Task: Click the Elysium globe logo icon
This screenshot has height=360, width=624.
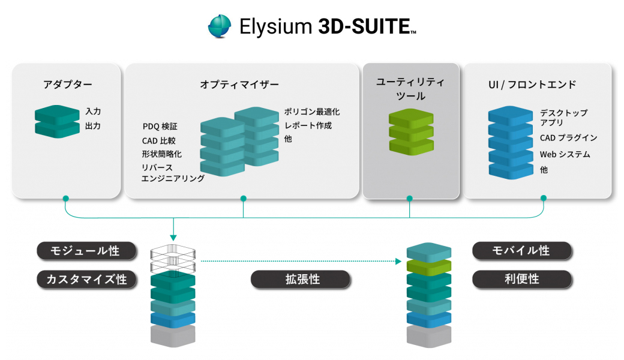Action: [220, 27]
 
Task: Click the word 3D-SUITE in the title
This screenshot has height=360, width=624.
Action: [365, 27]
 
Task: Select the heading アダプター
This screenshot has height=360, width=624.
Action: [68, 85]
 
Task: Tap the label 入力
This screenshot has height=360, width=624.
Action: [93, 112]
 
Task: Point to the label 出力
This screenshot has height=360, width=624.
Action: [93, 126]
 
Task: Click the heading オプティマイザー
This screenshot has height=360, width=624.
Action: [239, 85]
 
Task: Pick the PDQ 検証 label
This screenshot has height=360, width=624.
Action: [160, 127]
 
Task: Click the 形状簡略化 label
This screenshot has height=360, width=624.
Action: [161, 154]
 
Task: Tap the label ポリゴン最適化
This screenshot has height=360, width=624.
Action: [312, 112]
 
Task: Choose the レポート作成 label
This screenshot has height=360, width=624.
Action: [308, 125]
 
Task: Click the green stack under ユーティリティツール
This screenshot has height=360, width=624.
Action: [410, 131]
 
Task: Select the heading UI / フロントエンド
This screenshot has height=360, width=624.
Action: [532, 85]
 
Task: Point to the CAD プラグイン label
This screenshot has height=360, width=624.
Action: [568, 138]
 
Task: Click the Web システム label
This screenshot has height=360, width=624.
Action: [565, 154]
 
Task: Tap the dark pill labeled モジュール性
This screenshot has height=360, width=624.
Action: [86, 251]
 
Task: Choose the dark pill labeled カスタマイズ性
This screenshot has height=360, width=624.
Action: [86, 279]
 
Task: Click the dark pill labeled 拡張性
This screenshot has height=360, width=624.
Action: [300, 279]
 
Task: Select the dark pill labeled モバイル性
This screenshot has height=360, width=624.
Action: [521, 251]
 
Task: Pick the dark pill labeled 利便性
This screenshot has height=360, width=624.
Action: [521, 279]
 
